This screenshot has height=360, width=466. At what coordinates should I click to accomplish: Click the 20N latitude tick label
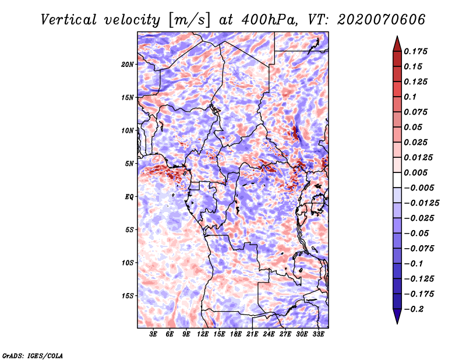128,64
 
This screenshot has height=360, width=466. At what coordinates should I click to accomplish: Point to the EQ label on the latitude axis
129,197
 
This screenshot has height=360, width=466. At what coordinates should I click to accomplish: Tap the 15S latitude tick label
128,296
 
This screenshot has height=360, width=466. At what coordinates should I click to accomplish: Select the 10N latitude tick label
128,130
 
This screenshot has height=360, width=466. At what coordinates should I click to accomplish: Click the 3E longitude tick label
153,335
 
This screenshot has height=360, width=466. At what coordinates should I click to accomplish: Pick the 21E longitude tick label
252,335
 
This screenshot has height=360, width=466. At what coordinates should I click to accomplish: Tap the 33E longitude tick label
318,335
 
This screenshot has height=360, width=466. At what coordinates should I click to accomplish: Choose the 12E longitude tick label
203,335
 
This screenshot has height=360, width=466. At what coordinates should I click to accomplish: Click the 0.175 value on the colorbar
416,51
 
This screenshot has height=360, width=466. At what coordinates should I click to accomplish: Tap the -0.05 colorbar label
416,233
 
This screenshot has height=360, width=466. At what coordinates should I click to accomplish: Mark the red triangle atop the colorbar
396,42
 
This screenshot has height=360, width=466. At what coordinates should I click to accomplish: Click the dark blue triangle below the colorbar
396,317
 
